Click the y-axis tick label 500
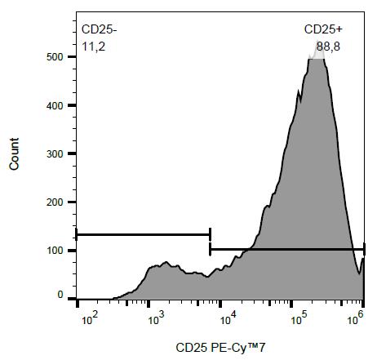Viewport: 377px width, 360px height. pos(53,57)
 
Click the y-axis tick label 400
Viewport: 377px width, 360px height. pos(53,105)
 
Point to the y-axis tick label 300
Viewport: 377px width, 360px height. pos(53,153)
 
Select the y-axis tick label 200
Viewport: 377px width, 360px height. pos(53,202)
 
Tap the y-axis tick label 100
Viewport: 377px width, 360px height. pos(53,250)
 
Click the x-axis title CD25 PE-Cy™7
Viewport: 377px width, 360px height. pos(220,348)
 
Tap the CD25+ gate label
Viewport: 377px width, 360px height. pos(323,29)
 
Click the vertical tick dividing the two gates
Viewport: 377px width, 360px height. pos(210,242)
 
